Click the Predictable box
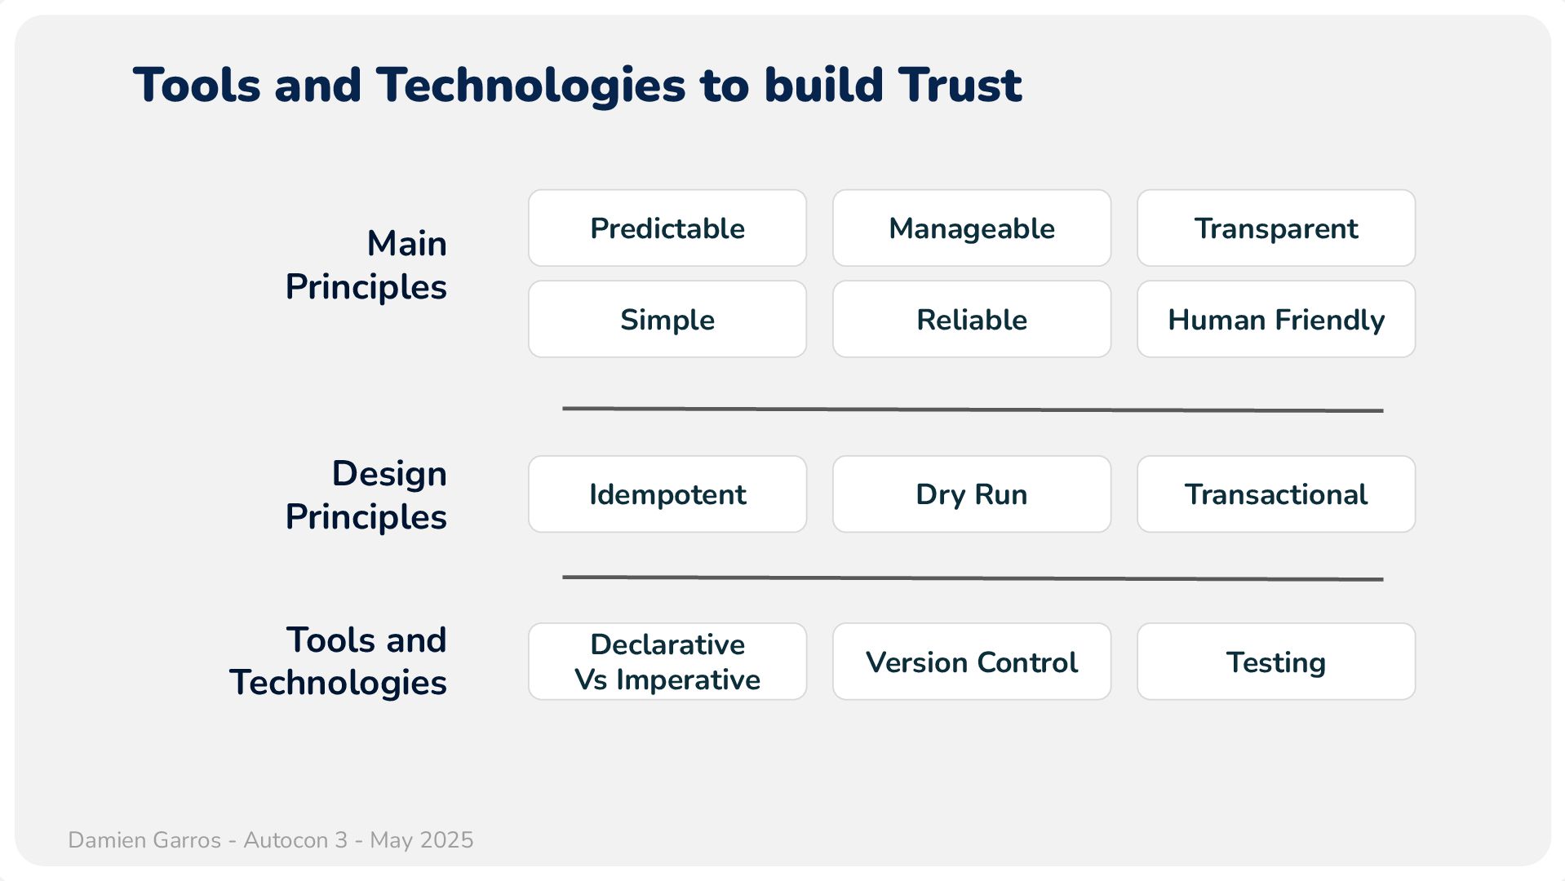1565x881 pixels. (667, 228)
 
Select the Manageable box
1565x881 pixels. (972, 228)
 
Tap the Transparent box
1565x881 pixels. (1276, 228)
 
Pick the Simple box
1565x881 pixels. (667, 319)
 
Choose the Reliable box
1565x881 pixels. (972, 319)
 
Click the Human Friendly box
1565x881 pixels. (1276, 319)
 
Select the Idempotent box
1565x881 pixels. (667, 494)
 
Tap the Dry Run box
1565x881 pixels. (972, 494)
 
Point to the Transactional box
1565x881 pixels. (1276, 494)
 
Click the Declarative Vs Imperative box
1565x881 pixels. (667, 662)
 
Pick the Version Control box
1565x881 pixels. (972, 662)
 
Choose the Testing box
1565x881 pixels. (1276, 662)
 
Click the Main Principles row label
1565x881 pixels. (366, 265)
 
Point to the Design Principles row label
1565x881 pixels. (366, 495)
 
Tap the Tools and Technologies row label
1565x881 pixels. (338, 662)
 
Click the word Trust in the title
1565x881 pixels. (960, 85)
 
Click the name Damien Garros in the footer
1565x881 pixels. (144, 840)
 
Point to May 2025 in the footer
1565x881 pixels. (422, 840)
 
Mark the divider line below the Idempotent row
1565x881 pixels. (973, 578)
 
